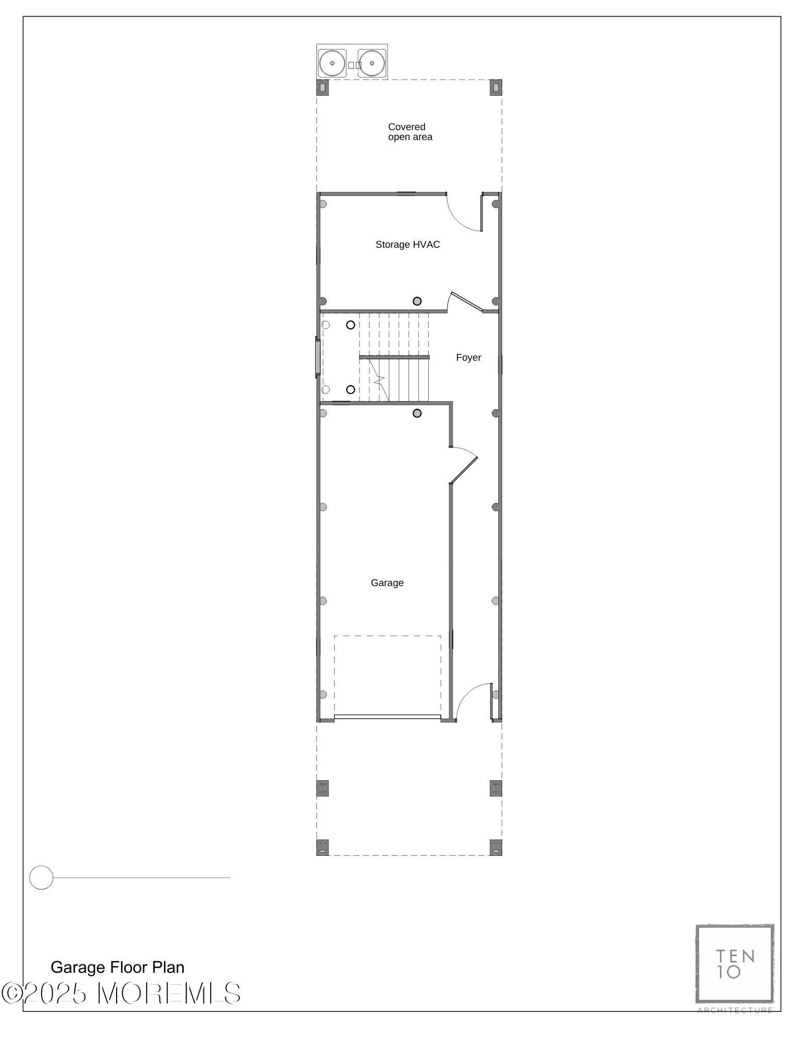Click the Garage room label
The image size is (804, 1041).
387,582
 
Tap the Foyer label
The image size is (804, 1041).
468,357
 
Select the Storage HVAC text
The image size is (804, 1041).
407,244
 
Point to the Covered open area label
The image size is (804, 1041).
410,132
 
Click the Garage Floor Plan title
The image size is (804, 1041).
117,967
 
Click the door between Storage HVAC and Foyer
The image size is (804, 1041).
466,302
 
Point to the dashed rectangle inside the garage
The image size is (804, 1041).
387,675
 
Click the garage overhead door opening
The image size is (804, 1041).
387,717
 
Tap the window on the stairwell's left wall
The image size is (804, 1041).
317,357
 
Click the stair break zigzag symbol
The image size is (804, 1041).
379,380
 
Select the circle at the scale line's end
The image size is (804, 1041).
41,878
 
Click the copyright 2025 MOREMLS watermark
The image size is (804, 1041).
121,993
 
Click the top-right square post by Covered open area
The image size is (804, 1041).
496,87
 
